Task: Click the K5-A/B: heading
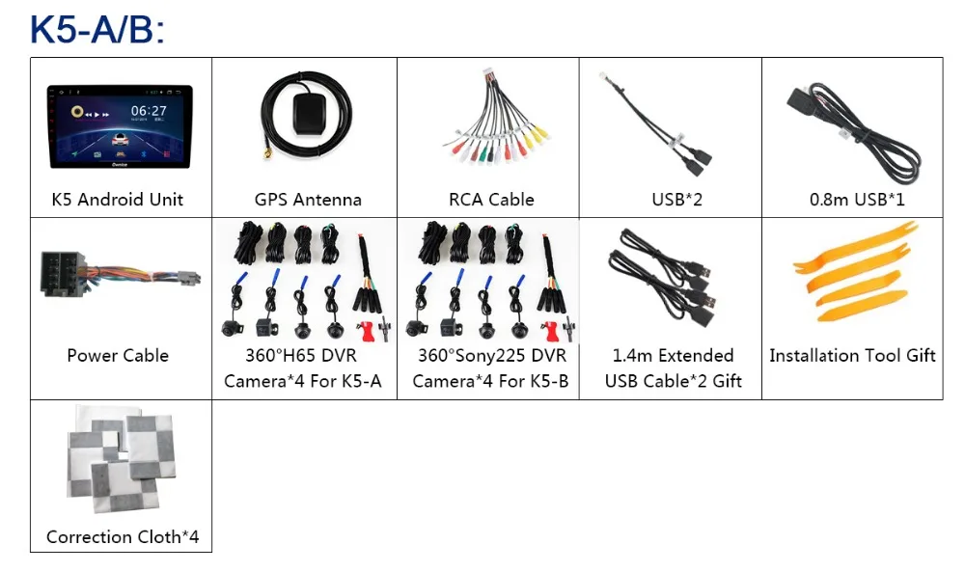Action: point(97,29)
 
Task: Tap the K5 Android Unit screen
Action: point(120,126)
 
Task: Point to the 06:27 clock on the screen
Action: point(149,111)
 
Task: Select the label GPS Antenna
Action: point(308,200)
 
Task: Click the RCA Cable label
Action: point(491,200)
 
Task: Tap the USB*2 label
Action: point(677,200)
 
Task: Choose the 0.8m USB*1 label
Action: point(857,200)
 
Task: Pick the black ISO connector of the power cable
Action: point(63,274)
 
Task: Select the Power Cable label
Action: point(118,356)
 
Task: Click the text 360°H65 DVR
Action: point(301,356)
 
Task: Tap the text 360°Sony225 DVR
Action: point(492,356)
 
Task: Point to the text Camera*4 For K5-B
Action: point(490,381)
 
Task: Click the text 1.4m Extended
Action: point(673,356)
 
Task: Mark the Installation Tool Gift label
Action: point(852,356)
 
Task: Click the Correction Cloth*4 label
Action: point(123,537)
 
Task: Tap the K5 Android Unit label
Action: point(118,200)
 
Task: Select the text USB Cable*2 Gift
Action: point(674,381)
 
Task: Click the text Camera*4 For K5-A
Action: point(303,381)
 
